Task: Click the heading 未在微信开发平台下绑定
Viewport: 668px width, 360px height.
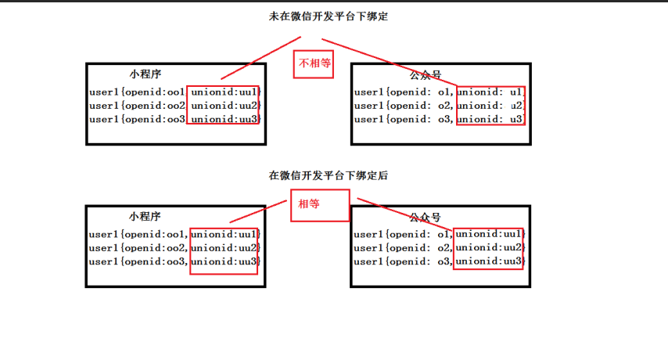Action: coord(329,16)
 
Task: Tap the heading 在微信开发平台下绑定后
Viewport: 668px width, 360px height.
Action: coord(329,175)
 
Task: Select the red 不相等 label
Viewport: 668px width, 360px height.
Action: coord(314,63)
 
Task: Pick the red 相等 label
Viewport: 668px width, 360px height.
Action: coord(309,203)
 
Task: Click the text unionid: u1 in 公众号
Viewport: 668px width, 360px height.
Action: coord(490,92)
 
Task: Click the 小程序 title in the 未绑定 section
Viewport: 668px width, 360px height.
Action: coord(145,74)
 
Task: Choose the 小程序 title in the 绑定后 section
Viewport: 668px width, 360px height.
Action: coord(145,217)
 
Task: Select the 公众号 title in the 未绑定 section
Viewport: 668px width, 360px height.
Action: coord(426,75)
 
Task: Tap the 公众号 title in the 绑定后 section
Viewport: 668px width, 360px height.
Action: coord(426,218)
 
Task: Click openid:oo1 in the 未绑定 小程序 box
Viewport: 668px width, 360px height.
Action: coord(155,92)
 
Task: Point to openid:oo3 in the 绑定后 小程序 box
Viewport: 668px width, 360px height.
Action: coord(155,261)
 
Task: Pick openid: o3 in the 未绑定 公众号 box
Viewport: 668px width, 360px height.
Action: coord(420,119)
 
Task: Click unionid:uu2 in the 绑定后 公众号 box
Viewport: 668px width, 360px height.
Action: coord(489,247)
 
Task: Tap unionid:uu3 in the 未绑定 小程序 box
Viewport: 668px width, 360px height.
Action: coord(224,119)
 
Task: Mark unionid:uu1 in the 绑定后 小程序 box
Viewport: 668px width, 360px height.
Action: coord(224,234)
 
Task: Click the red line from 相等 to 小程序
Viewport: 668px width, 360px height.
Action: coord(258,211)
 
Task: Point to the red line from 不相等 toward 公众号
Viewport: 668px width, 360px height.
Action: coord(390,63)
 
